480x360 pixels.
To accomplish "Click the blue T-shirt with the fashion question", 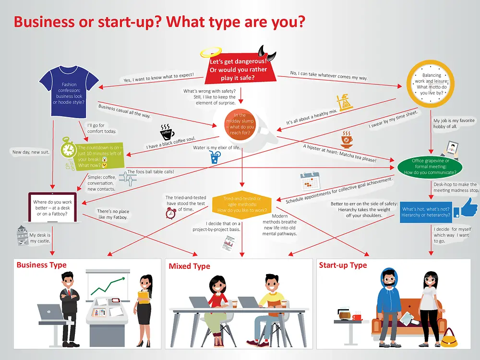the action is [x=69, y=92].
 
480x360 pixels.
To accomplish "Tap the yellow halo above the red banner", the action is [x=211, y=51].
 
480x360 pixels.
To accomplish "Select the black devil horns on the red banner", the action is [x=266, y=52].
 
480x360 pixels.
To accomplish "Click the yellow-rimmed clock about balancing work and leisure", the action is [x=431, y=84].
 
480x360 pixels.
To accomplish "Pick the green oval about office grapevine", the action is [x=430, y=167].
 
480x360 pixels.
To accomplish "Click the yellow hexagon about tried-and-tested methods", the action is [x=242, y=204].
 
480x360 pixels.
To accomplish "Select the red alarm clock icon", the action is [x=171, y=213].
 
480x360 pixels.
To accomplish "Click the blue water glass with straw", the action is [x=216, y=157].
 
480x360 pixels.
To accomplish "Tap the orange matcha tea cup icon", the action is [x=347, y=140].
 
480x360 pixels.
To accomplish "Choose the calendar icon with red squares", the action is [x=310, y=181].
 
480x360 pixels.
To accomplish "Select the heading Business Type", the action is [x=41, y=265].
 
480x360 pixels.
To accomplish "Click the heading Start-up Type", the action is [x=343, y=265].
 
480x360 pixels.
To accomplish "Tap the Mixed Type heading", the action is [x=189, y=266].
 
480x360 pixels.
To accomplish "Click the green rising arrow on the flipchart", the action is [x=108, y=285].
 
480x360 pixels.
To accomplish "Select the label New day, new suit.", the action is [x=31, y=152].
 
